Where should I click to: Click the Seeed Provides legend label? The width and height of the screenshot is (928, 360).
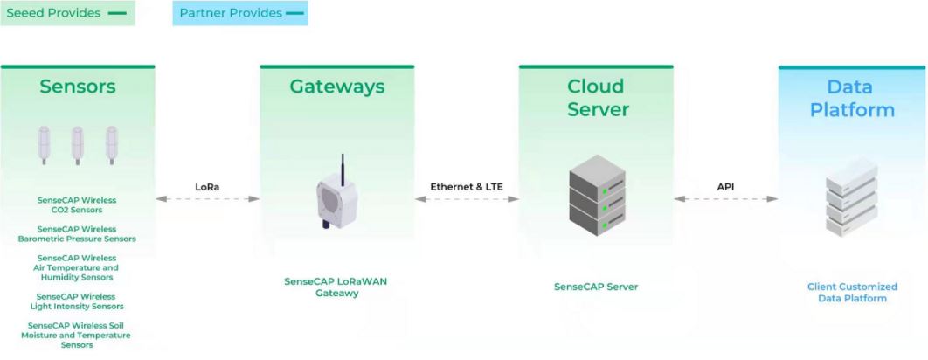[54, 13]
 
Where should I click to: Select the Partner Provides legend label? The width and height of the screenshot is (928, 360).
[231, 13]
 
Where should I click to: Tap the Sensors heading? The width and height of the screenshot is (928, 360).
[78, 87]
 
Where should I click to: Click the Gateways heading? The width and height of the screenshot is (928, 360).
[337, 87]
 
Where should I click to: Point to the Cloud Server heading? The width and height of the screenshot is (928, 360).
[596, 97]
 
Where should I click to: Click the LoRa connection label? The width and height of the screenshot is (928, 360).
[208, 186]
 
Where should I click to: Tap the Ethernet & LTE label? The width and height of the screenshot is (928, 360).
[467, 186]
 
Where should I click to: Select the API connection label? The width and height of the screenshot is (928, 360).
[725, 186]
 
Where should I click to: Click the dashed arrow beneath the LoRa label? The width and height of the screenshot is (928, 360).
[208, 199]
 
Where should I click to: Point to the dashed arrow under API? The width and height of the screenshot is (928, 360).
[725, 199]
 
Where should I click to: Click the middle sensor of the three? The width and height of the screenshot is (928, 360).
[77, 145]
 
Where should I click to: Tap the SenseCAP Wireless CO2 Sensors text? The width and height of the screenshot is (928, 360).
[77, 204]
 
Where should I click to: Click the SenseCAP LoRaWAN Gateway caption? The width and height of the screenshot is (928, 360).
[337, 287]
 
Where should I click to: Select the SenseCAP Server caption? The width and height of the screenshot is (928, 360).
[596, 287]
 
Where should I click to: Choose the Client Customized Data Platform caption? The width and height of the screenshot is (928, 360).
[852, 292]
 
